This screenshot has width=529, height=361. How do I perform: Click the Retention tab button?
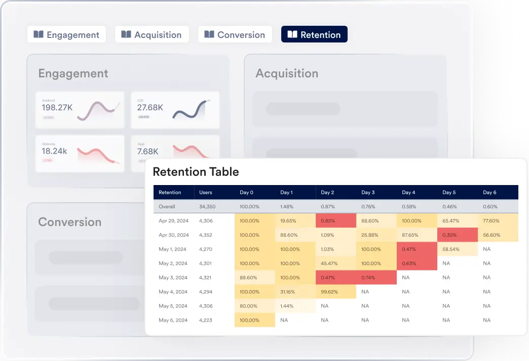pyautogui.click(x=314, y=34)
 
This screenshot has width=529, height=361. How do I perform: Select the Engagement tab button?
pyautogui.click(x=66, y=34)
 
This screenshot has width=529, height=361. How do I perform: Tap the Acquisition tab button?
pyautogui.click(x=152, y=34)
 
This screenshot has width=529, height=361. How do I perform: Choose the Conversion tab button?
pyautogui.click(x=235, y=34)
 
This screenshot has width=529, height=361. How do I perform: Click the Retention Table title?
pyautogui.click(x=196, y=172)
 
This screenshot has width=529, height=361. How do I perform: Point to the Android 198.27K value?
pyautogui.click(x=57, y=107)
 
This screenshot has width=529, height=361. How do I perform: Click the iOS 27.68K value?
pyautogui.click(x=150, y=107)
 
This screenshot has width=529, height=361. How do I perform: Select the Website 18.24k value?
pyautogui.click(x=55, y=151)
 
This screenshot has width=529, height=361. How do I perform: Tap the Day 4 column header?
pyautogui.click(x=408, y=192)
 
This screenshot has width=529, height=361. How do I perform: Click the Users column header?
pyautogui.click(x=206, y=192)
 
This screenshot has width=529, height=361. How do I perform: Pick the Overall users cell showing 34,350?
pyautogui.click(x=208, y=206)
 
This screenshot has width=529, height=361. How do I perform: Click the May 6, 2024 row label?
pyautogui.click(x=174, y=320)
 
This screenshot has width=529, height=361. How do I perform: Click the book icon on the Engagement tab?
pyautogui.click(x=39, y=34)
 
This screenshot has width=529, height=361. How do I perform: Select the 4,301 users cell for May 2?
pyautogui.click(x=207, y=263)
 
